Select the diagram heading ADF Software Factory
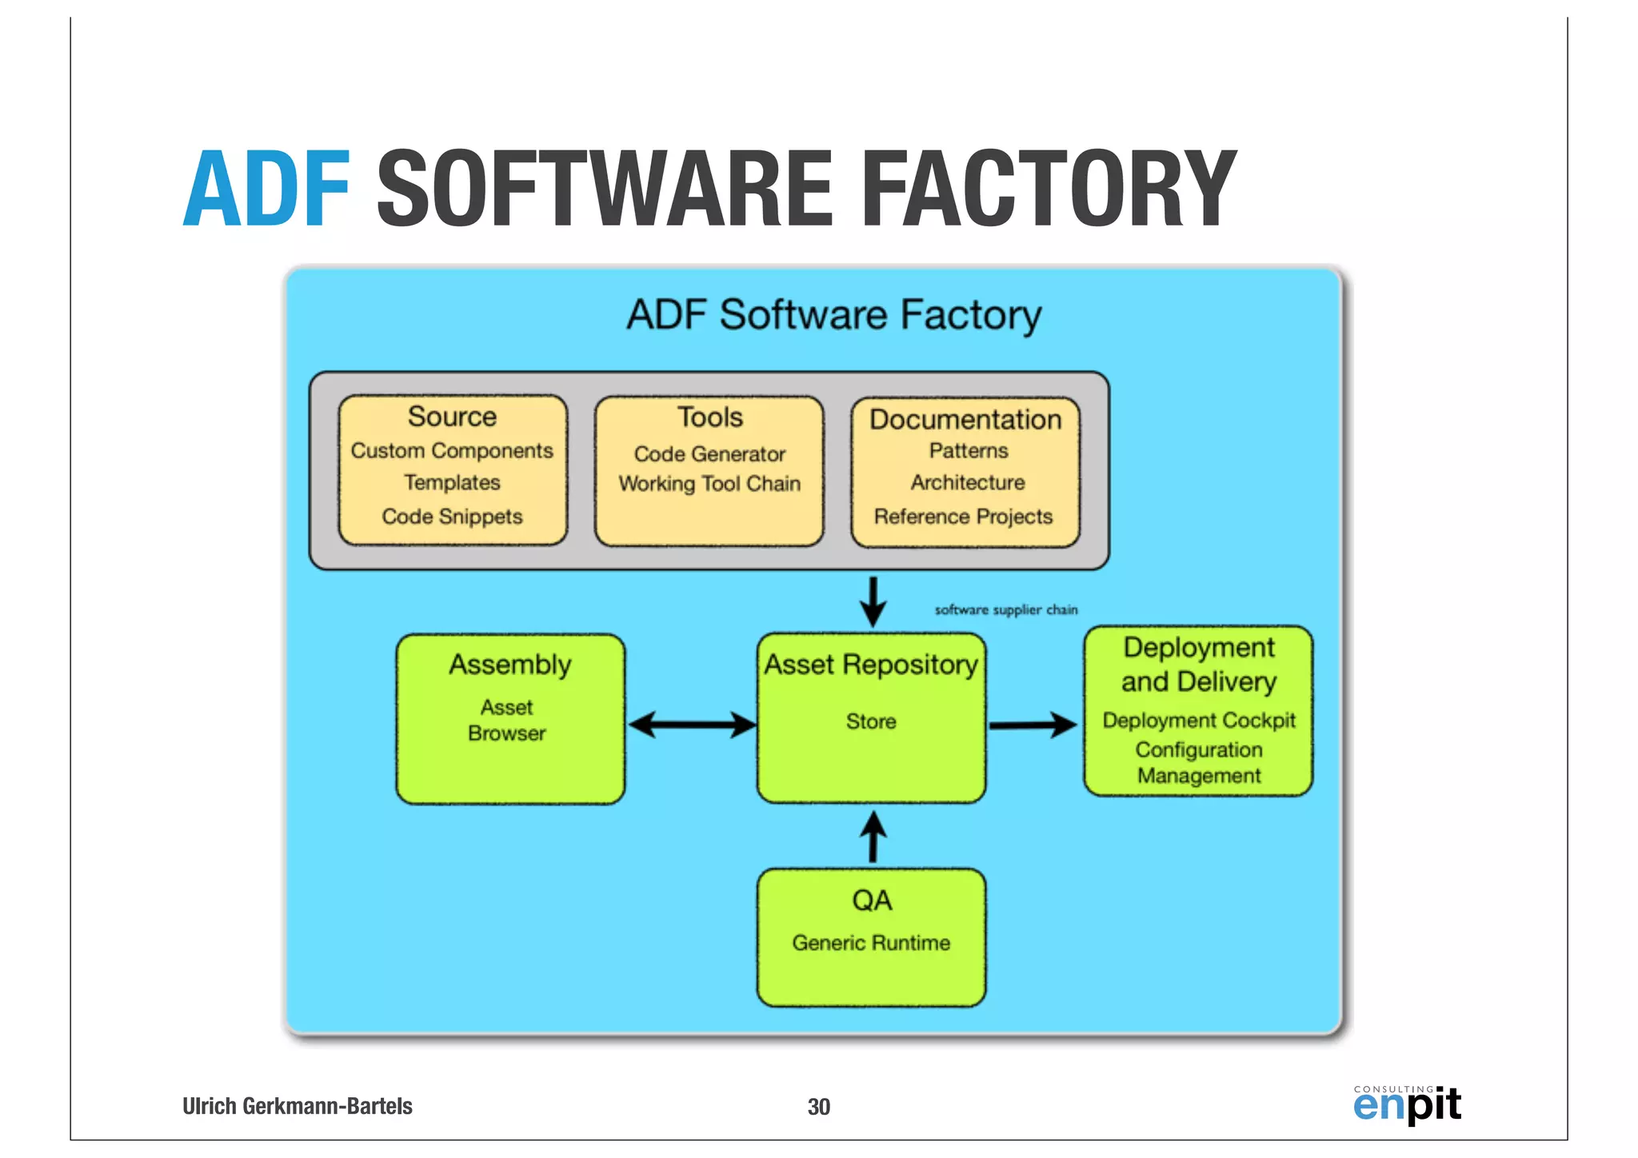(x=833, y=314)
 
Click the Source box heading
(x=452, y=417)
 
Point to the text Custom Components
(x=452, y=451)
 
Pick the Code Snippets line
(x=452, y=517)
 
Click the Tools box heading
(x=709, y=417)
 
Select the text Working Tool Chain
(x=709, y=484)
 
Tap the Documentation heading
(x=965, y=420)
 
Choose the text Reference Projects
(x=964, y=517)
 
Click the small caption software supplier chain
(x=1006, y=609)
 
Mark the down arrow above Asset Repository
(x=873, y=601)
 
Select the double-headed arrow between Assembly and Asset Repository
(x=692, y=725)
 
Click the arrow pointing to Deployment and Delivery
(x=1033, y=725)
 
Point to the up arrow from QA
(x=873, y=837)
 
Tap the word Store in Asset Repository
(x=871, y=721)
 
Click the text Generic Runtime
(x=871, y=943)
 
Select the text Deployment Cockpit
(x=1198, y=721)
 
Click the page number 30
(x=818, y=1107)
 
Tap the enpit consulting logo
(x=1407, y=1105)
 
